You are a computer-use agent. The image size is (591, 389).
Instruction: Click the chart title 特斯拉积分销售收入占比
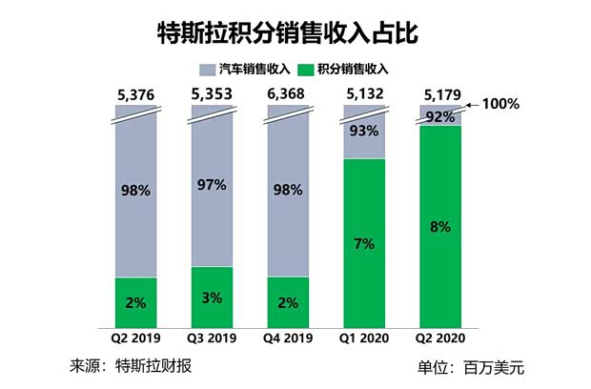click(295, 31)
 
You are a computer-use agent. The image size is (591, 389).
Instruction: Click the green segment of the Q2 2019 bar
click(135, 301)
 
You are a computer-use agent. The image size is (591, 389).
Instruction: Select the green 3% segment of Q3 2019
click(212, 297)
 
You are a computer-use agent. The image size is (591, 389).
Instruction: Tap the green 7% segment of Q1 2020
click(364, 242)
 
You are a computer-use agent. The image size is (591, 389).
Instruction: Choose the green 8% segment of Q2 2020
click(440, 226)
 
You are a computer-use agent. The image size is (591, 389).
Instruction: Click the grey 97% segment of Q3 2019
click(212, 186)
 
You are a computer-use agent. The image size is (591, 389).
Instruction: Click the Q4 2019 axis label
click(288, 338)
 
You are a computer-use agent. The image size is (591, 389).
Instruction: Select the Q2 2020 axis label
click(440, 338)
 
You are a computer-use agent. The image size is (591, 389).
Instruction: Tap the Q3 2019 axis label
click(212, 338)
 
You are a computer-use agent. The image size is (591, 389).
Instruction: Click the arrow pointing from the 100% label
click(470, 107)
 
